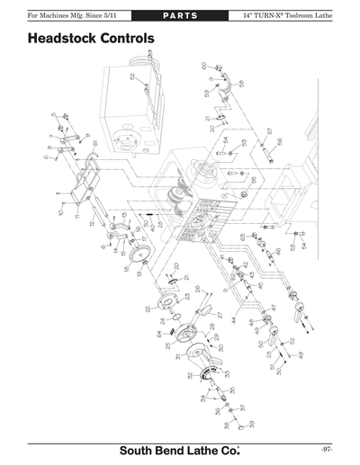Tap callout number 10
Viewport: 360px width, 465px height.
click(x=62, y=212)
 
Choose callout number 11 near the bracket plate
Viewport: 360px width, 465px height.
click(x=78, y=216)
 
